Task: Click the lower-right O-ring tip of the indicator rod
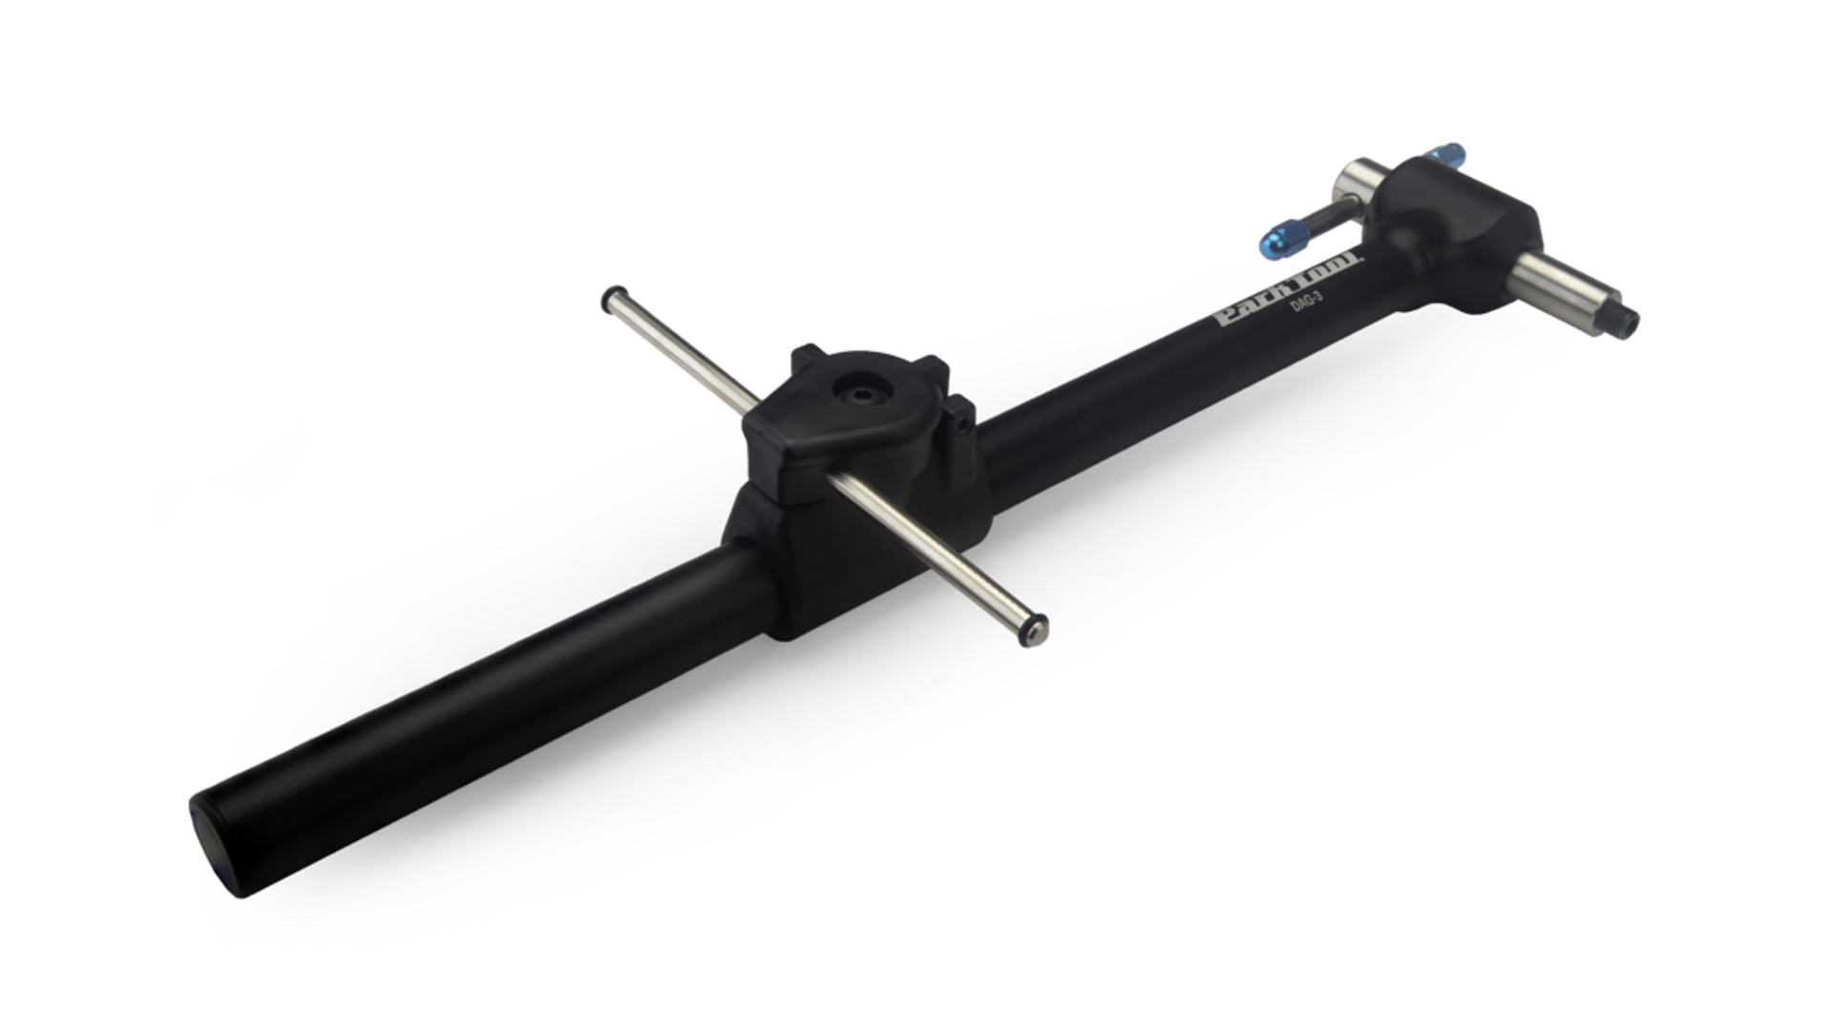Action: [x=1036, y=629]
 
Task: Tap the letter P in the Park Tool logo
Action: [x=1223, y=320]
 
